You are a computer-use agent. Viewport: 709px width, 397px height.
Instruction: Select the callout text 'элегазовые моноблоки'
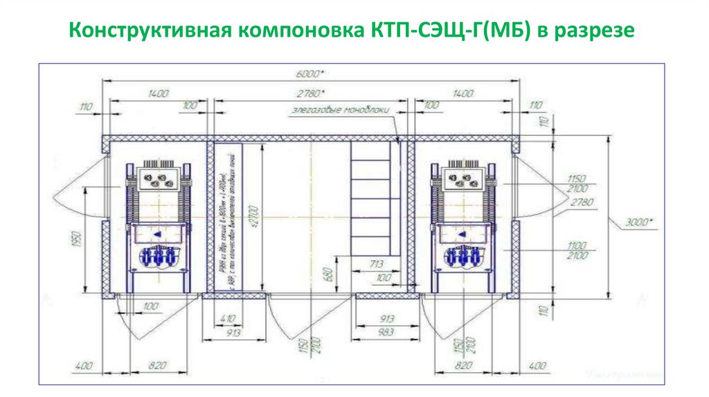(x=341, y=109)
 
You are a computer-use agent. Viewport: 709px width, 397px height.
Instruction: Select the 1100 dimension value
(x=575, y=246)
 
